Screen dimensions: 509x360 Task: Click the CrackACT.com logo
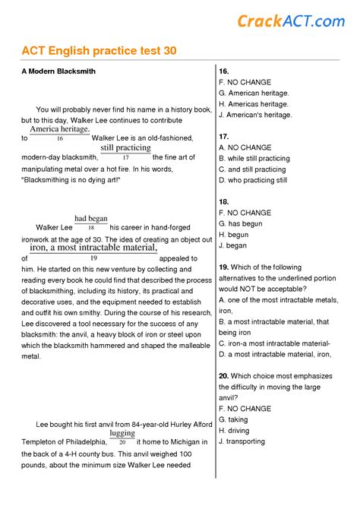point(291,21)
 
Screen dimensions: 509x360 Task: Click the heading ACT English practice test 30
point(99,51)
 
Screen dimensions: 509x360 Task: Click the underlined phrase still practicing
point(125,147)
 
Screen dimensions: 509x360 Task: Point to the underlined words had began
point(91,219)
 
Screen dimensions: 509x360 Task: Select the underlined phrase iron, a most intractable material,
point(93,248)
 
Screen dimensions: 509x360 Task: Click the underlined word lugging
point(122,434)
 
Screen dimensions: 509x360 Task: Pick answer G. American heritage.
point(254,93)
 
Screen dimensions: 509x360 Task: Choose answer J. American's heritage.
point(255,115)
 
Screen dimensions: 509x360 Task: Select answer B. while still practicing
point(254,159)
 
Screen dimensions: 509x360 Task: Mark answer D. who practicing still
point(253,181)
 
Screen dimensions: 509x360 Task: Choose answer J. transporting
point(242,441)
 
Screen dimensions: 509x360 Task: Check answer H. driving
point(235,430)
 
